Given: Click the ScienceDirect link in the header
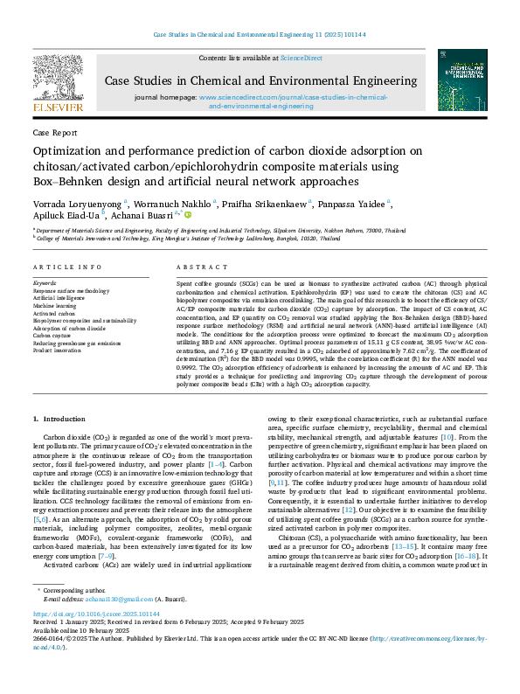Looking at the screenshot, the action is pyautogui.click(x=301, y=58).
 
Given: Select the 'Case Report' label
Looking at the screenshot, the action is pyautogui.click(x=52, y=132).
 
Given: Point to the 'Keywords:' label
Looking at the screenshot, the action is pyautogui.click(x=45, y=283).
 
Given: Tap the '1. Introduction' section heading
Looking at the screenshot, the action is pyautogui.click(x=59, y=420).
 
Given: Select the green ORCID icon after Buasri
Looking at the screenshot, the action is pyautogui.click(x=187, y=213).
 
